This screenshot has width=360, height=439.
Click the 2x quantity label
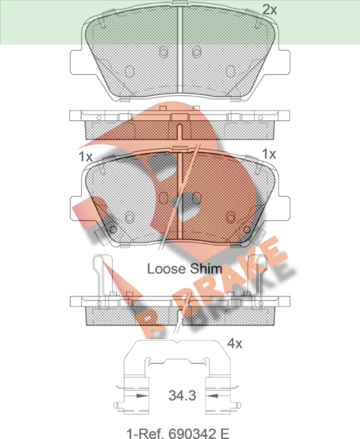pos(270,10)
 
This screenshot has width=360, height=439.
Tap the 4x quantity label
pos(235,343)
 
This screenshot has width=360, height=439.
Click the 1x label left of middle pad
pos(85,157)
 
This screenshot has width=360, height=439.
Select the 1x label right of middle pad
pos(269,154)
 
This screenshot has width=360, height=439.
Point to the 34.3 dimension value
pos(182,395)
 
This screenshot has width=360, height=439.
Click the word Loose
pos(167,269)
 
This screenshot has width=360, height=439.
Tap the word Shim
pos(206,269)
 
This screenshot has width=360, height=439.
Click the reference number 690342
pos(192,434)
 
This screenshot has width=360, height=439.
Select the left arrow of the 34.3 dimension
pos(141,395)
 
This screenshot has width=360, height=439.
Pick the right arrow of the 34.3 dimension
pos(212,395)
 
